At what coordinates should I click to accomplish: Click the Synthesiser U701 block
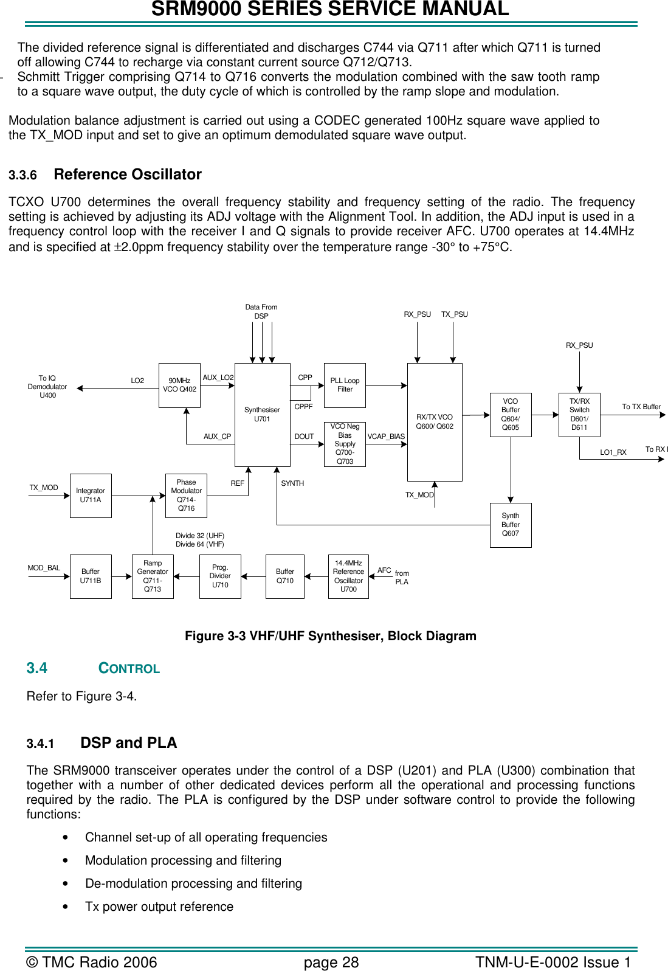pos(262,415)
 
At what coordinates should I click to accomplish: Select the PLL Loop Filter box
pos(345,385)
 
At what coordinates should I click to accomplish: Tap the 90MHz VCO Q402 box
pos(179,385)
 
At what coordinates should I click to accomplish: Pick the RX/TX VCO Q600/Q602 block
pos(435,422)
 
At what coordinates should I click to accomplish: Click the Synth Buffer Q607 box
pos(511,525)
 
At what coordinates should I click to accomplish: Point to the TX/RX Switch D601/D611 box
pos(579,415)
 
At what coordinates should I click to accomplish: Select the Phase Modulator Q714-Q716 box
pos(186,496)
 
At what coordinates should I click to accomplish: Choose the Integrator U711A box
pos(91,496)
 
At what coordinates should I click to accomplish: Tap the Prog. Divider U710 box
pos(220,576)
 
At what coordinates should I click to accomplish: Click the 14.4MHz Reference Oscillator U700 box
pos(348,576)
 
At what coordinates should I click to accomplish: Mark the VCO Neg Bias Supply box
pos(345,444)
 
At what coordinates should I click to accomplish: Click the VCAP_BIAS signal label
pos(386,437)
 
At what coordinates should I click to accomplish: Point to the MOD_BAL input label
pos(44,568)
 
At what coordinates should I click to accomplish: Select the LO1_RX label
pos(613,452)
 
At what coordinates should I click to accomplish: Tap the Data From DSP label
pos(261,311)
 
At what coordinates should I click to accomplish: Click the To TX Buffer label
pos(641,407)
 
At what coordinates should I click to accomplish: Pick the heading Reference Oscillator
pos(128,175)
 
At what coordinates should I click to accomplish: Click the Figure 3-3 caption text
pos(330,636)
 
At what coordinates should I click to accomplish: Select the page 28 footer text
pos(331,962)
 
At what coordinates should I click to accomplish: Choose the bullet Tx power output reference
pos(159,907)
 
